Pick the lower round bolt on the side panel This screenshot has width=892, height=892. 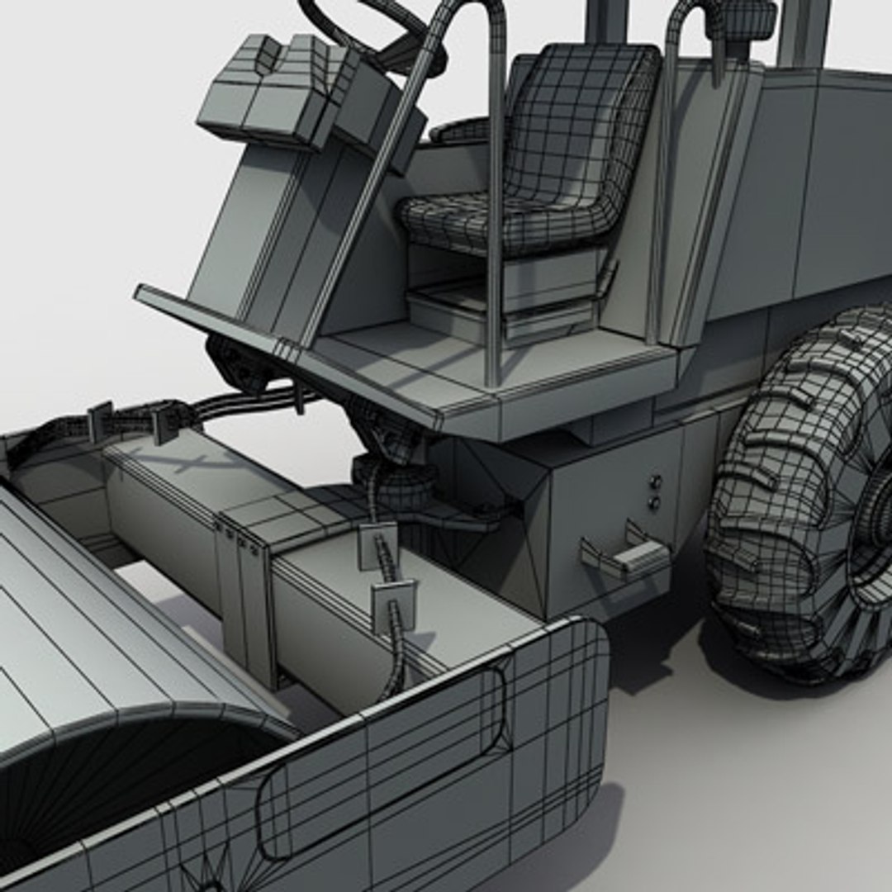[655, 502]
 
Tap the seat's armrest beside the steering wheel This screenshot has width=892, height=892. [458, 130]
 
